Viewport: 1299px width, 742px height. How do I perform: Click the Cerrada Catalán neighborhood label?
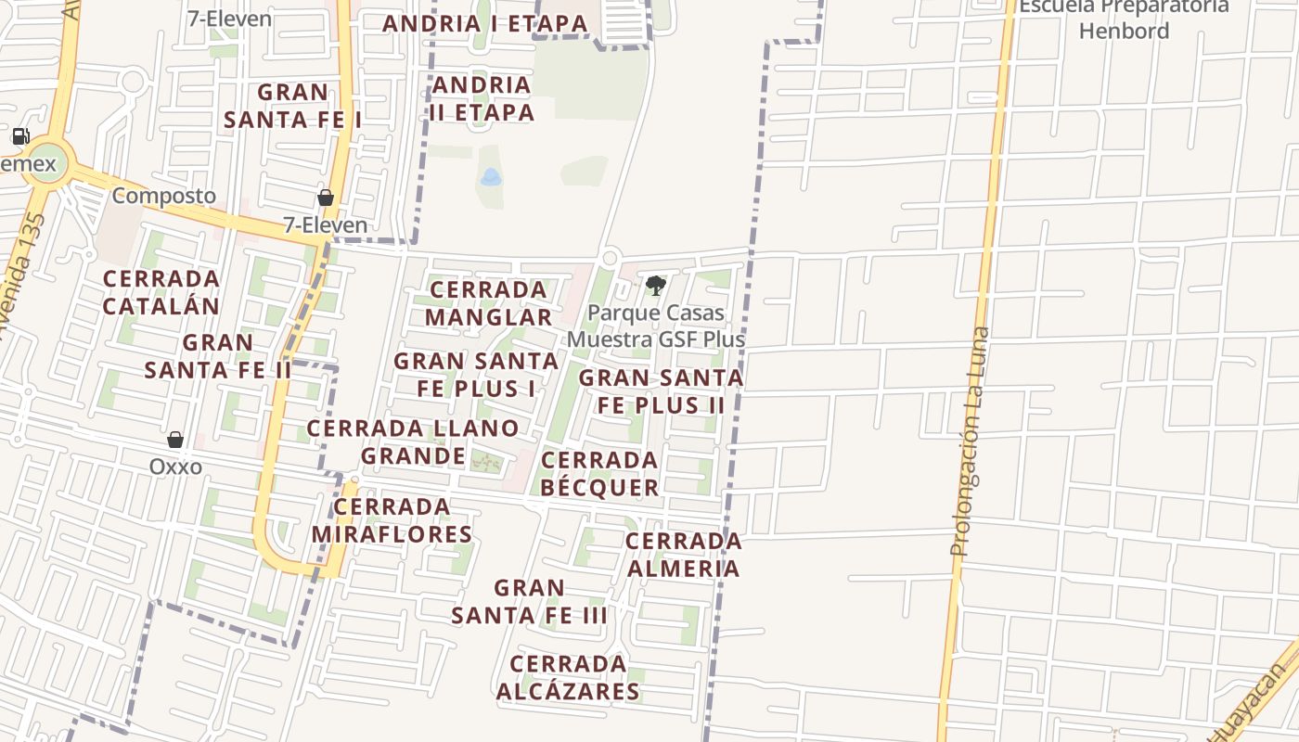coord(161,292)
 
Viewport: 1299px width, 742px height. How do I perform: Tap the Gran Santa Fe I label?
coord(292,106)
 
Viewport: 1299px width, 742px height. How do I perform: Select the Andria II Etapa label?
coord(482,98)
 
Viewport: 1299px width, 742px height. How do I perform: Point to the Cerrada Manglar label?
coord(489,303)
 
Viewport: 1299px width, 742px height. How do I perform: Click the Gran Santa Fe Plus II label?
coord(661,391)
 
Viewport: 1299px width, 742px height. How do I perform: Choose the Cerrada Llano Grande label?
coord(413,442)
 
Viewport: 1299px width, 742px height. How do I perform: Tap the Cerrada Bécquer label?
coord(599,474)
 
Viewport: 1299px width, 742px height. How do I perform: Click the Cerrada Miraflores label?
coord(392,520)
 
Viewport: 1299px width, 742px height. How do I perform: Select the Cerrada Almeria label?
coord(683,555)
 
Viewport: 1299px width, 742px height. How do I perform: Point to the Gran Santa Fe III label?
coord(529,601)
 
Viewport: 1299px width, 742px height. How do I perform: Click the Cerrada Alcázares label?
coord(568,677)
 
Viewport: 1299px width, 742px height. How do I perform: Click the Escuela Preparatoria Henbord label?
coord(1124,19)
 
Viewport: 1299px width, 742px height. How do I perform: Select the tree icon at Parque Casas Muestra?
coord(656,285)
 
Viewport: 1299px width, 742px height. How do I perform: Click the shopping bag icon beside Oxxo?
coord(175,439)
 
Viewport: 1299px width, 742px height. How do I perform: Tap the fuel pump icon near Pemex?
coord(20,136)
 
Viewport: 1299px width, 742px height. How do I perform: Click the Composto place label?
coord(163,196)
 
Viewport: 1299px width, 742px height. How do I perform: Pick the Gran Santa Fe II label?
coord(218,356)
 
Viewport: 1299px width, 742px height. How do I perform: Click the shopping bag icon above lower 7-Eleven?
coord(326,198)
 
